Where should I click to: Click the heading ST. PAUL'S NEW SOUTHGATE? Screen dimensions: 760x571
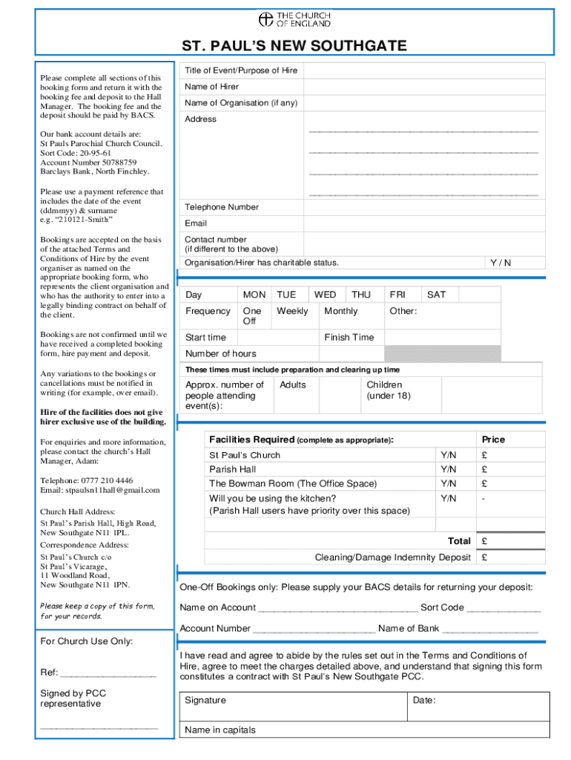tap(294, 46)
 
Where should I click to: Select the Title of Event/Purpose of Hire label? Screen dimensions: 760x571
tap(241, 71)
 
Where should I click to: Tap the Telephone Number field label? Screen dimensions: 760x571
tap(222, 207)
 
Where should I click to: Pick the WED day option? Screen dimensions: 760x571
tap(325, 295)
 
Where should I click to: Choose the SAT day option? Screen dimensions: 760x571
tap(437, 295)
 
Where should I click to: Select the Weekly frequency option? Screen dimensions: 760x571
tap(292, 311)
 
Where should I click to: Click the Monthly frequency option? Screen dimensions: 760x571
tap(340, 311)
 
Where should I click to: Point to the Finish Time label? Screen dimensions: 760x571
tap(349, 337)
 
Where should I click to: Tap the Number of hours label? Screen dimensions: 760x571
tap(221, 353)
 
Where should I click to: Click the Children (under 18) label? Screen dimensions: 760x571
tap(388, 390)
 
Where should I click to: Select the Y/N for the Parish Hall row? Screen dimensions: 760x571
tap(448, 469)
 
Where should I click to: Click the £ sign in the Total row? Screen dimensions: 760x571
tap(483, 541)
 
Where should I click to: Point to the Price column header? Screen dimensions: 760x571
tap(493, 439)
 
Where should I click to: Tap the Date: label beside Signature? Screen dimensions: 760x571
tap(424, 700)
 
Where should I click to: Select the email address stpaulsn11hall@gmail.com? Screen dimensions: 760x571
tap(100, 490)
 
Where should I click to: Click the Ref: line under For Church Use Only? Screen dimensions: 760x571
tap(108, 674)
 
